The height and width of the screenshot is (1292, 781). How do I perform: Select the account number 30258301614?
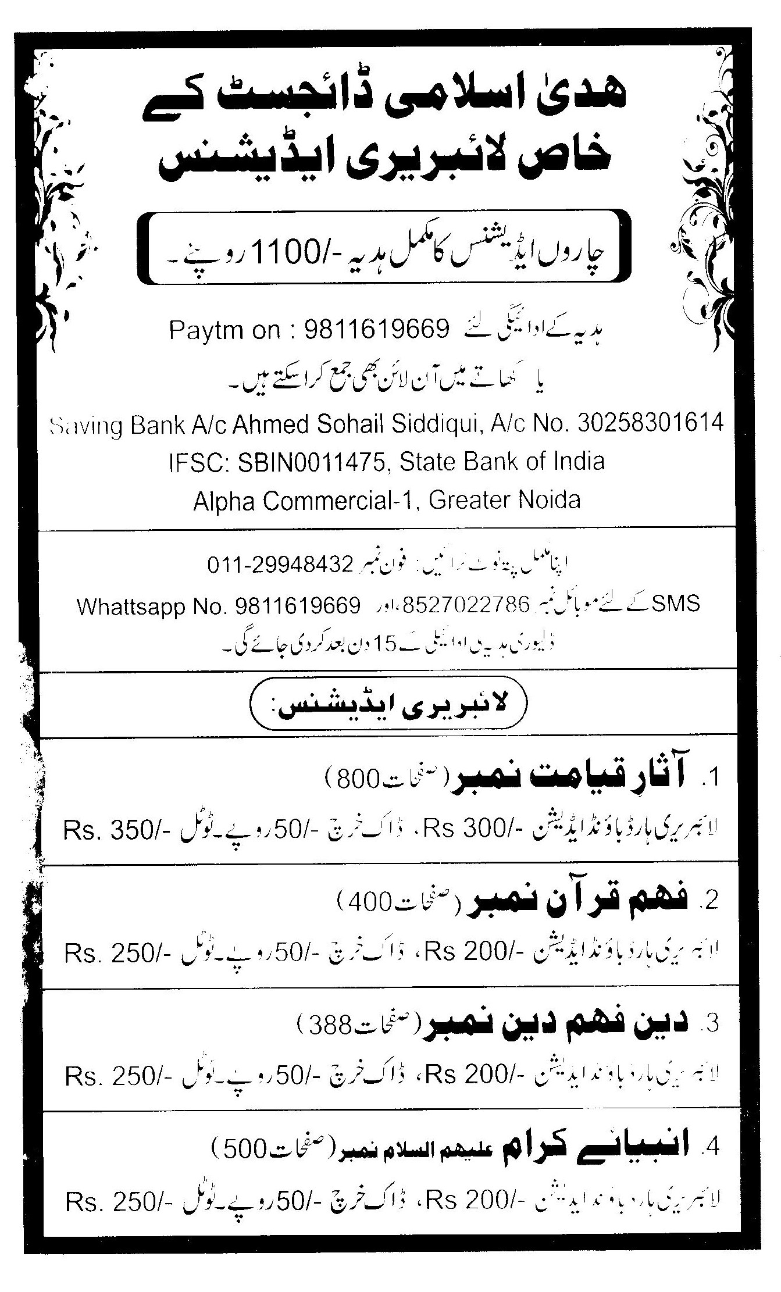[651, 423]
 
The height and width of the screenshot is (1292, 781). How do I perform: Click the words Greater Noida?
[504, 499]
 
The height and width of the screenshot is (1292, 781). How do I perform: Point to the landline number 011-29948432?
[280, 565]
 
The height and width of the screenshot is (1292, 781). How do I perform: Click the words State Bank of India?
[502, 462]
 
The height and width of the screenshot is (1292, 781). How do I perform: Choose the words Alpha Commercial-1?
[305, 499]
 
